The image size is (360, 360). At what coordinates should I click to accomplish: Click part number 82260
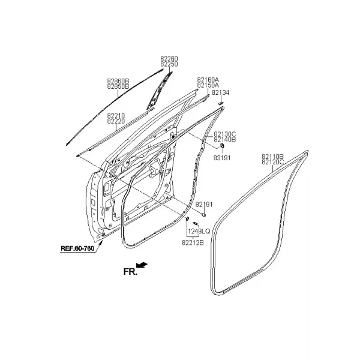point(169,59)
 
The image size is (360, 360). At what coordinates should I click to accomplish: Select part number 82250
point(169,64)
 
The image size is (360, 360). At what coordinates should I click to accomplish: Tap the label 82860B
point(118,81)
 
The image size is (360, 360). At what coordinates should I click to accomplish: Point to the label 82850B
point(118,86)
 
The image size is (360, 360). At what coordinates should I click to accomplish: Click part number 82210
point(116,116)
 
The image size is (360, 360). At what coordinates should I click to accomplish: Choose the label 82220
point(116,121)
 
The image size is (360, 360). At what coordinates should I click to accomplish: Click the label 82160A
point(208,80)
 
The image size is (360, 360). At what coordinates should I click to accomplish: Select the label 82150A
point(208,85)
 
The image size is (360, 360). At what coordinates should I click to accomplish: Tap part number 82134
point(220,93)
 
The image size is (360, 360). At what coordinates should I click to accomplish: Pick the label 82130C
point(225,134)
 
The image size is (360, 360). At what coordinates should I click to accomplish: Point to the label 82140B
point(225,140)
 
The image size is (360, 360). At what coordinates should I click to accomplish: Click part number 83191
point(222,158)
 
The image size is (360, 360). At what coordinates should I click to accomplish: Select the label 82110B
point(273,157)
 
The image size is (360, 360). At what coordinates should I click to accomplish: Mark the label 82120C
point(273,162)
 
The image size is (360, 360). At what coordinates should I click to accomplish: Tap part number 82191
point(204,205)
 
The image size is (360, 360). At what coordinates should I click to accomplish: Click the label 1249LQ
point(199,232)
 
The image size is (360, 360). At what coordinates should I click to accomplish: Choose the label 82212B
point(193,242)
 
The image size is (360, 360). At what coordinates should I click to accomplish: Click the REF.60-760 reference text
point(77,248)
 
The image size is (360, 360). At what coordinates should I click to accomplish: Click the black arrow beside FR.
point(142,265)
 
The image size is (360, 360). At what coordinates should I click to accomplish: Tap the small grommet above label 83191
point(222,145)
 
